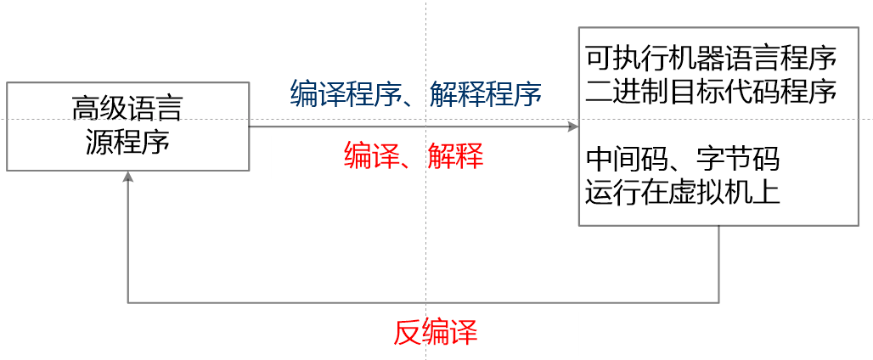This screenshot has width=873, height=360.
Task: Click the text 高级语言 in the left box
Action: [x=127, y=110]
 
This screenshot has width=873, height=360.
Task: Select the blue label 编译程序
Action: [x=345, y=93]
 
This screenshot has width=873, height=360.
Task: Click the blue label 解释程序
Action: [x=485, y=93]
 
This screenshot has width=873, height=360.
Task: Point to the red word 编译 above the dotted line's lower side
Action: [x=370, y=156]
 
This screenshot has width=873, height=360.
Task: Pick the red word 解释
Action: [x=455, y=156]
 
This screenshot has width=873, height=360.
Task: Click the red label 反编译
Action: [x=435, y=332]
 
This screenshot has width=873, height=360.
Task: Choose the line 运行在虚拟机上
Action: [x=683, y=190]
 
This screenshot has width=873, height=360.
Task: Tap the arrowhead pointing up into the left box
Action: [x=127, y=177]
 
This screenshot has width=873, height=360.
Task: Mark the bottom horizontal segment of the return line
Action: [x=425, y=301]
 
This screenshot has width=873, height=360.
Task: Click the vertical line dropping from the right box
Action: [x=719, y=263]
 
